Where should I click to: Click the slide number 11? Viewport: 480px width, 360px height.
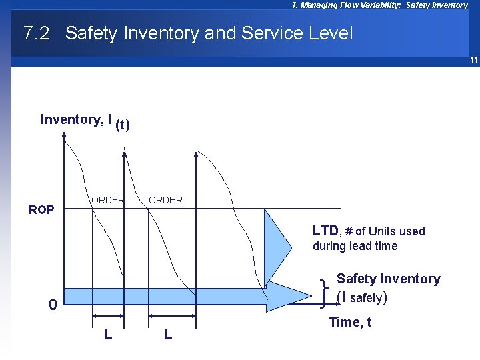[473, 60]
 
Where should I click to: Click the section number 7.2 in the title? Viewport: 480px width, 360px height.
[36, 33]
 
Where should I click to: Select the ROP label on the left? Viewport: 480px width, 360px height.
[41, 210]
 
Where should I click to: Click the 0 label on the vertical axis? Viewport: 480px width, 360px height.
[52, 305]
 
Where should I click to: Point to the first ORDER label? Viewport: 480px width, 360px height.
[108, 200]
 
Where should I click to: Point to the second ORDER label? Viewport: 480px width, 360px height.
[165, 200]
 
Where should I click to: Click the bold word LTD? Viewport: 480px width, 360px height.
[325, 231]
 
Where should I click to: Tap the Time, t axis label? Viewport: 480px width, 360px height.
[350, 322]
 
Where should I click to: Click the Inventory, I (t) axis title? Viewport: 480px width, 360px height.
[85, 121]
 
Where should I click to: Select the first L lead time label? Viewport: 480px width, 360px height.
[108, 334]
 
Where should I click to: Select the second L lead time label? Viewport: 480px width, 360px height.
[168, 334]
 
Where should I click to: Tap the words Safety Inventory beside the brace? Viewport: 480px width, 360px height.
[388, 279]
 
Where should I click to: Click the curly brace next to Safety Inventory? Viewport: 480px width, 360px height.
[324, 293]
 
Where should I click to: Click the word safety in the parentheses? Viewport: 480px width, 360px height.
[365, 298]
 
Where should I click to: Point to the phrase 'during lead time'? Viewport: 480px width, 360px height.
[355, 246]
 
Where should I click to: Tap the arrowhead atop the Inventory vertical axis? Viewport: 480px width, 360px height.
[65, 135]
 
